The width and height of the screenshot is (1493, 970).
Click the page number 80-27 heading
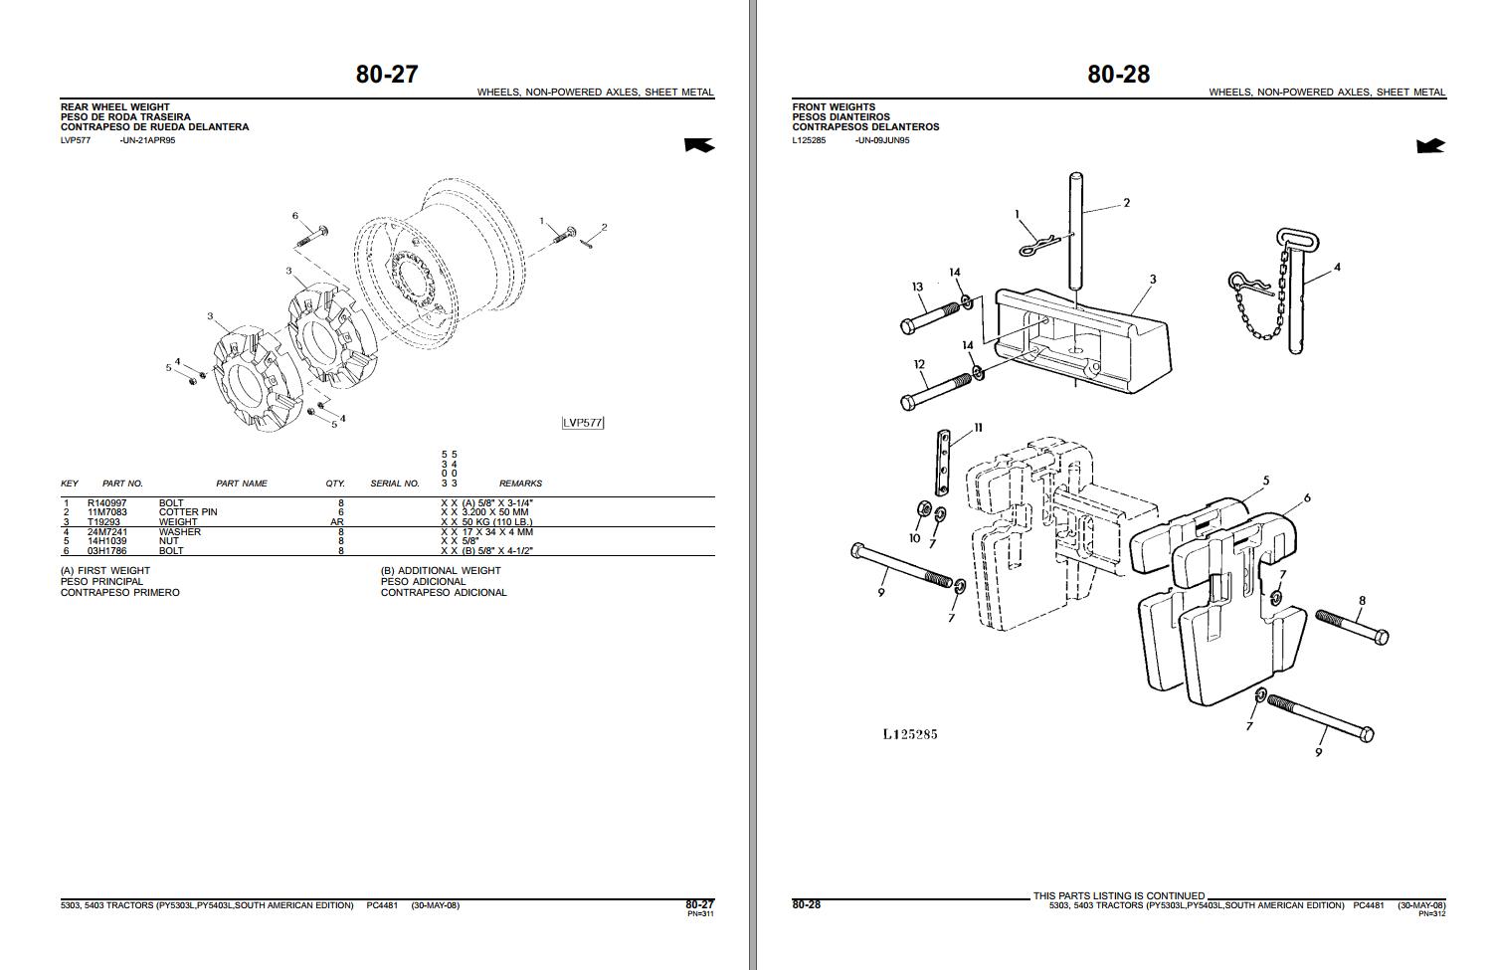pos(387,74)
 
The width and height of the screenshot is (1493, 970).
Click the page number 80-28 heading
pos(1118,74)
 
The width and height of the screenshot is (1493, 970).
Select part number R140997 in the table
pos(107,503)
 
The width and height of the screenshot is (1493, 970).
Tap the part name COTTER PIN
pos(188,512)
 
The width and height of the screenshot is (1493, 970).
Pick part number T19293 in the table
pos(103,522)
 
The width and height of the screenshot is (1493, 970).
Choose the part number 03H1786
pos(107,551)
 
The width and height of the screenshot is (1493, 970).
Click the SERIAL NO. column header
pos(395,484)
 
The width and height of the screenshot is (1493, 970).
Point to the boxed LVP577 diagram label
pos(583,423)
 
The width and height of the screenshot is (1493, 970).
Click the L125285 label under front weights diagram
pos(909,734)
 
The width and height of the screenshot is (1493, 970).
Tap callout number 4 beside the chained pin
pos(1337,268)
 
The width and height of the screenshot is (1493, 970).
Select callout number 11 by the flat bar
pos(978,428)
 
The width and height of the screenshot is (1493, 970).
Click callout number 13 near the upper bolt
pos(917,287)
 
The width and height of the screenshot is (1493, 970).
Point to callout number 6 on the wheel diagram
pos(295,216)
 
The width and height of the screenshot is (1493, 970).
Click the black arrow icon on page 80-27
pos(699,146)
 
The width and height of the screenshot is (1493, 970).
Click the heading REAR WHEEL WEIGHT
pos(115,106)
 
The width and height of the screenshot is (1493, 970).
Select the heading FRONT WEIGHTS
pos(834,106)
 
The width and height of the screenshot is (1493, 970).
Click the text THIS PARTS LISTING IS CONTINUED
pos(1118,895)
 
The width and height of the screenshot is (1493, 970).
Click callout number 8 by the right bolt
pos(1362,600)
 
